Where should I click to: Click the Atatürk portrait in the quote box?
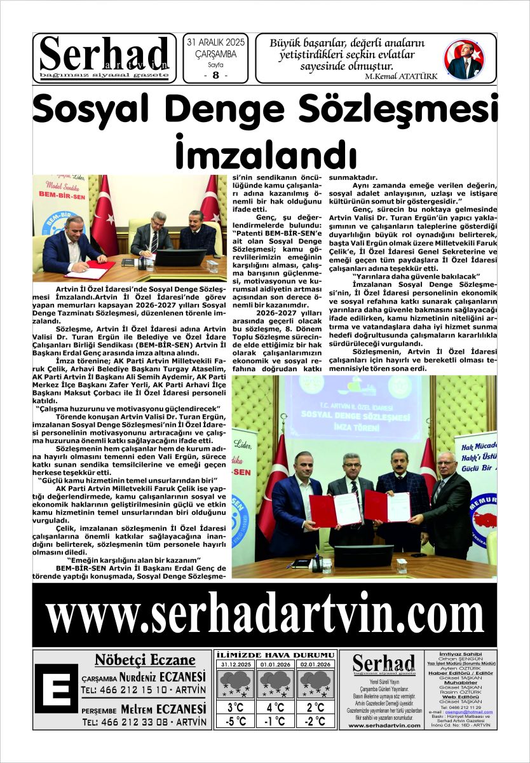[464, 59]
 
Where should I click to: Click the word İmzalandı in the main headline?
[265, 153]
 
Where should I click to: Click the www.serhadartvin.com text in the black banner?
[264, 615]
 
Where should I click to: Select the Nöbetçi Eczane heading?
[145, 659]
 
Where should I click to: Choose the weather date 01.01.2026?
[275, 664]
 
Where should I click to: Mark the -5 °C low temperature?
[234, 722]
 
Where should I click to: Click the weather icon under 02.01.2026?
[316, 684]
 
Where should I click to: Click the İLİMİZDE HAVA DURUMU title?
[275, 655]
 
